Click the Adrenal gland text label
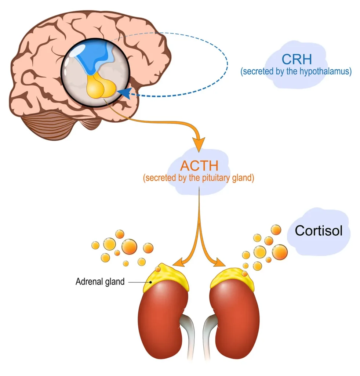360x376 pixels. tap(100, 282)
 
